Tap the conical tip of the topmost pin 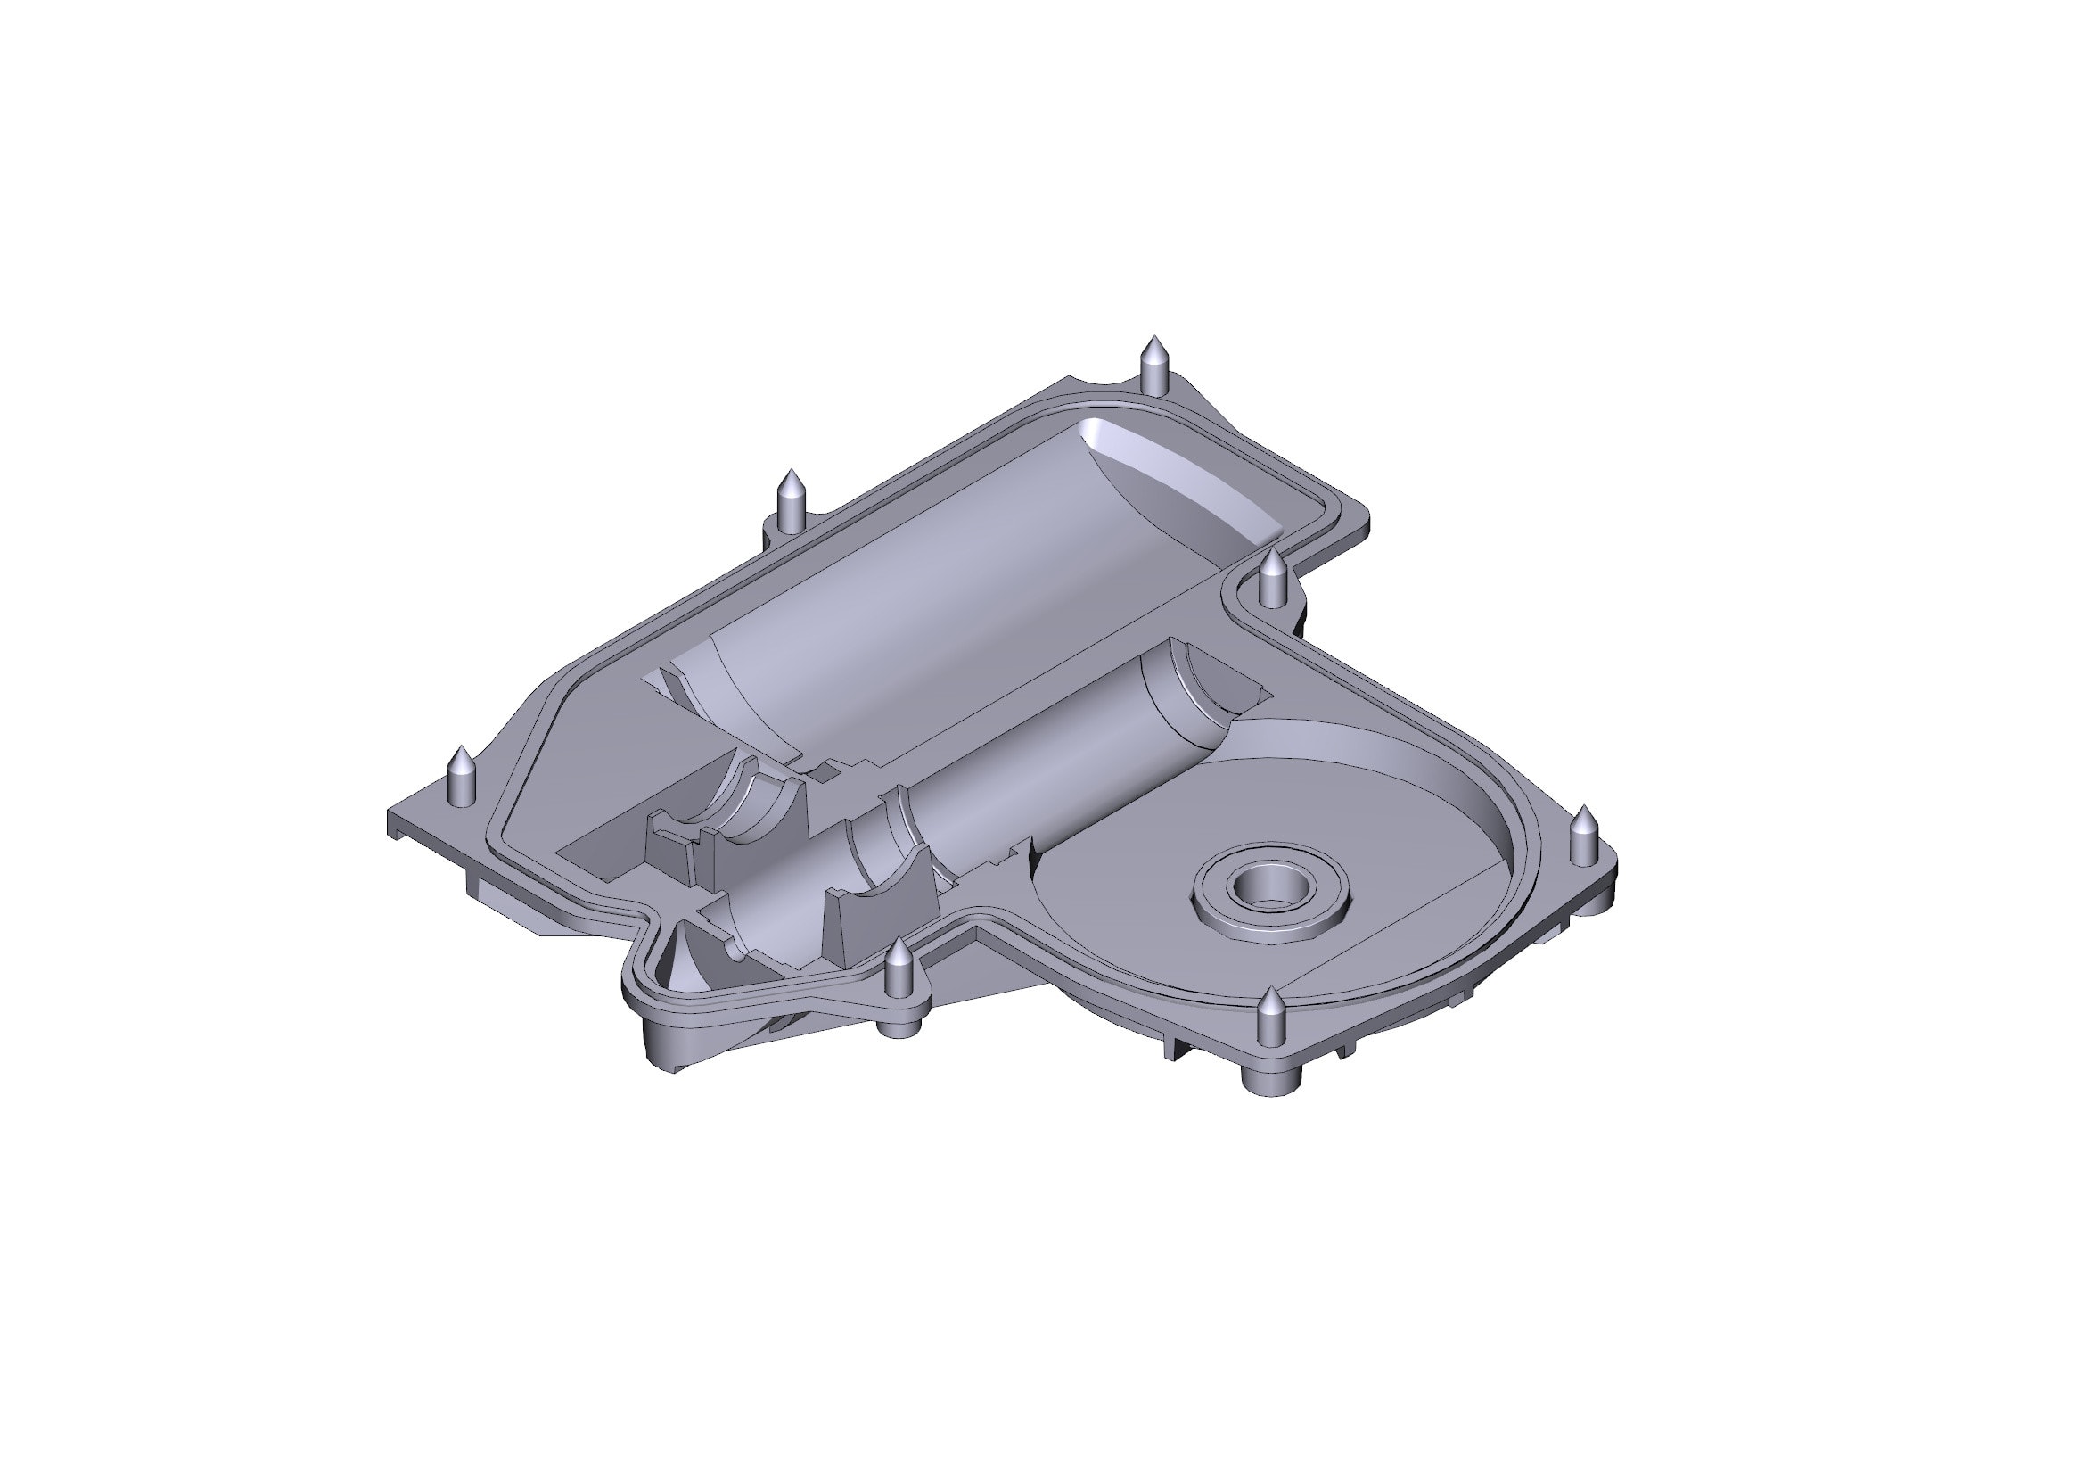point(1153,345)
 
